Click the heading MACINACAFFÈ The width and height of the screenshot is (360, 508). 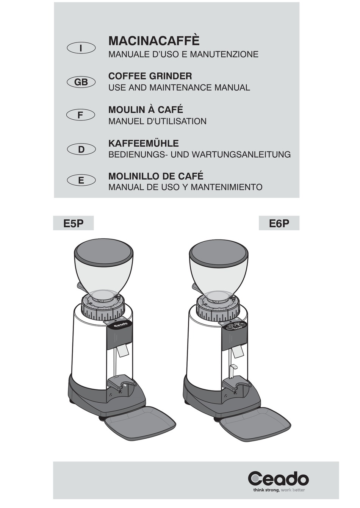(x=154, y=41)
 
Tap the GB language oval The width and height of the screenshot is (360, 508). (x=81, y=82)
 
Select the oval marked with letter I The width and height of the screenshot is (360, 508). (x=81, y=48)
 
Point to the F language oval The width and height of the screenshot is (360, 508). (x=81, y=115)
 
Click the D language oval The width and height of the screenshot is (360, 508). (x=81, y=150)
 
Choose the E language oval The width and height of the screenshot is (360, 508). (x=81, y=181)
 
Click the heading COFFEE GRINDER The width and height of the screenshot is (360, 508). (x=150, y=76)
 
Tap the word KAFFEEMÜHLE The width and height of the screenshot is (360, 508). (x=144, y=143)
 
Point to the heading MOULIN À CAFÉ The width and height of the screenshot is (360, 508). (x=146, y=109)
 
